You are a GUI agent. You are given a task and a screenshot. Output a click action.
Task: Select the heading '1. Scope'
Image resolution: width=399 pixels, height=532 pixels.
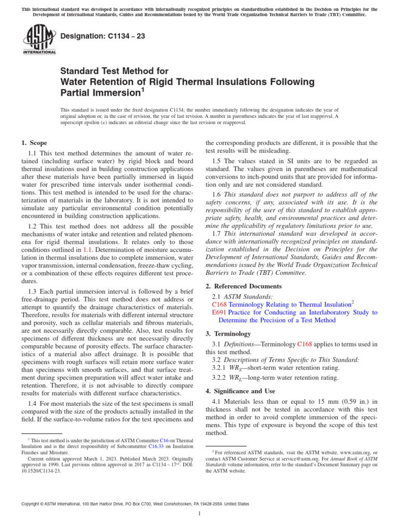34,143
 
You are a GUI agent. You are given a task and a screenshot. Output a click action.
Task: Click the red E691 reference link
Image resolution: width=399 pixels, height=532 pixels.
219,312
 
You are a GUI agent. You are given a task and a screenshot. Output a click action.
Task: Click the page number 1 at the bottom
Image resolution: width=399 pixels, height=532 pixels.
199,514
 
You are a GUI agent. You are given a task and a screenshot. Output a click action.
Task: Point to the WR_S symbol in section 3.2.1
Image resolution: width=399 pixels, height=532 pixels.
241,368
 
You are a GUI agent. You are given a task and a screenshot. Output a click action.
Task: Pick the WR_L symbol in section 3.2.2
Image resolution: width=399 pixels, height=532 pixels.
241,378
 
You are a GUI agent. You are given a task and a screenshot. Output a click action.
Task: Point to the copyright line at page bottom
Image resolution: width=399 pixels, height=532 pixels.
135,504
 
